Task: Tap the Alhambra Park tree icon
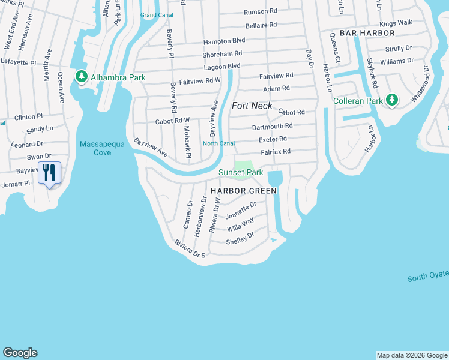point(81,77)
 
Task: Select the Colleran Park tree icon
point(392,100)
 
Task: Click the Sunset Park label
point(241,173)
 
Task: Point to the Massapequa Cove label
point(95,148)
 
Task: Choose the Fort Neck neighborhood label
point(252,106)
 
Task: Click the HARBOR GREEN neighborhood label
point(244,191)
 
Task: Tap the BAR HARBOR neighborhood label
point(367,33)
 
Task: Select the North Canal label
point(218,143)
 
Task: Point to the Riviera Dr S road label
point(190,250)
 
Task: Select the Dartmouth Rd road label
point(272,126)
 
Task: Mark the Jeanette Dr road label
point(241,210)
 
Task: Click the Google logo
point(20,353)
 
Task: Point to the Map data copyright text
point(412,355)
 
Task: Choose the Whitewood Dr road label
point(421,83)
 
